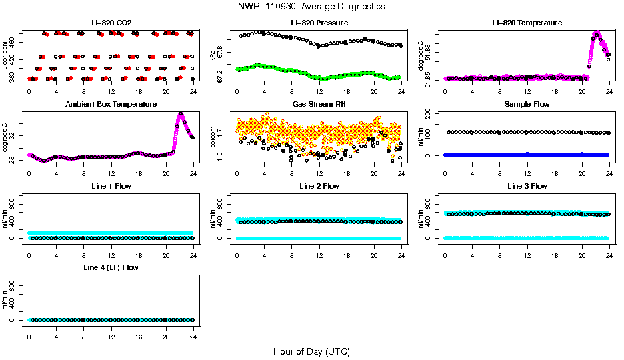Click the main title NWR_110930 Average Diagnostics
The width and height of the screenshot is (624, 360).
[x=311, y=6]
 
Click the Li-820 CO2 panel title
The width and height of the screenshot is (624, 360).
[x=111, y=23]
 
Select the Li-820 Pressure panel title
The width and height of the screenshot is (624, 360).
[x=319, y=23]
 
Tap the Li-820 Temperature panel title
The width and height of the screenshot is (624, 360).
[x=527, y=23]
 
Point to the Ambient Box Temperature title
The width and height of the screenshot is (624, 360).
[x=111, y=104]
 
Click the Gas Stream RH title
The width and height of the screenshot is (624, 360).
[x=319, y=104]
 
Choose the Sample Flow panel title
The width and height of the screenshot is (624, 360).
[x=527, y=104]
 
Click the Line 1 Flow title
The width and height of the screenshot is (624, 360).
[x=111, y=186]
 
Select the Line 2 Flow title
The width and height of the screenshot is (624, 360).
[x=319, y=186]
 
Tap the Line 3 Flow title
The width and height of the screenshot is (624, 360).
[x=527, y=186]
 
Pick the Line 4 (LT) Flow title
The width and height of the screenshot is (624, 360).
[x=111, y=267]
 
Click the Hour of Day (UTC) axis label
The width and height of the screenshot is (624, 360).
[x=311, y=351]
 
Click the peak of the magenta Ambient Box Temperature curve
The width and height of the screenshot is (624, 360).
[x=180, y=114]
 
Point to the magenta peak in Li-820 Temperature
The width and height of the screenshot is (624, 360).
[x=597, y=33]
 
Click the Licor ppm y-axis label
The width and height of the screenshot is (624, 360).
[x=5, y=56]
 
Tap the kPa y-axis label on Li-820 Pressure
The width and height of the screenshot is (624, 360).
[x=213, y=56]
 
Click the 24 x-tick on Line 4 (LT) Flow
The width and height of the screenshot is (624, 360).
[x=193, y=331]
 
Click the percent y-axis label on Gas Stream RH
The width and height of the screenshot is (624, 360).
[x=213, y=137]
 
